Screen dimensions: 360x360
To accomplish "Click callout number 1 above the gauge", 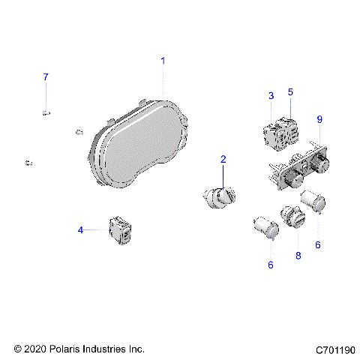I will [x=163, y=60].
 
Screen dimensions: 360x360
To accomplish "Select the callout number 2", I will [x=223, y=159].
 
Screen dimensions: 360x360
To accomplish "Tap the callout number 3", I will [x=271, y=95].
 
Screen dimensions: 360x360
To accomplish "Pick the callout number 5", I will [x=290, y=91].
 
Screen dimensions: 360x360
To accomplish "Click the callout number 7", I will [x=45, y=77].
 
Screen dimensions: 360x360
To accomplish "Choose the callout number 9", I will [x=319, y=119].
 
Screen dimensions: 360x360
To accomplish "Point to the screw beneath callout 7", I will [x=46, y=112].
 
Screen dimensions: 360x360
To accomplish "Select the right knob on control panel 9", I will [x=322, y=163].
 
